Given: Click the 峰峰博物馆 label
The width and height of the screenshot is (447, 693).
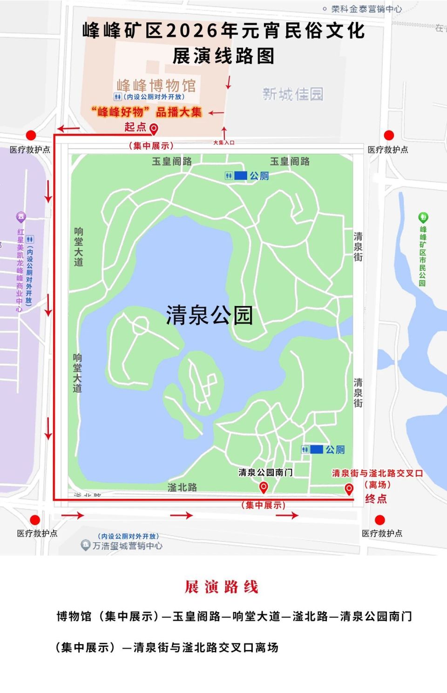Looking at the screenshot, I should pyautogui.click(x=156, y=86).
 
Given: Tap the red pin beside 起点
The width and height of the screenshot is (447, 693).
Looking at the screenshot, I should pyautogui.click(x=154, y=129).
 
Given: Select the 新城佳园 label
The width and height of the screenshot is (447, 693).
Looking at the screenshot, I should pyautogui.click(x=292, y=94).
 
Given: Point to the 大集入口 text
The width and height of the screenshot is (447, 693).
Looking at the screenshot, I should pyautogui.click(x=223, y=143).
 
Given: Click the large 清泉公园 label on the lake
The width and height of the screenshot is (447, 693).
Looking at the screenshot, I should pyautogui.click(x=209, y=315).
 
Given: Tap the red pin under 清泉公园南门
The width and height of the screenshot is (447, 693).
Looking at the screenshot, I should pyautogui.click(x=264, y=487).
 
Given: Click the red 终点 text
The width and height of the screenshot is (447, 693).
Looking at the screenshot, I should pyautogui.click(x=376, y=499).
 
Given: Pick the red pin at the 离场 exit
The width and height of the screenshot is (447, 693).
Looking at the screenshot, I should pyautogui.click(x=349, y=489).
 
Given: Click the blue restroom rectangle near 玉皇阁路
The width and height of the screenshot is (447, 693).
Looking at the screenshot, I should pyautogui.click(x=240, y=176).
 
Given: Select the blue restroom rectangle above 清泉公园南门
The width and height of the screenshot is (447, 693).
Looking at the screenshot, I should pyautogui.click(x=316, y=449).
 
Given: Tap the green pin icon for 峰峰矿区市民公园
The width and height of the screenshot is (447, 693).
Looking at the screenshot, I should pyautogui.click(x=423, y=217).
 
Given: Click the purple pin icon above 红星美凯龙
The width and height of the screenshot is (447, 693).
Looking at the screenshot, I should pyautogui.click(x=20, y=217).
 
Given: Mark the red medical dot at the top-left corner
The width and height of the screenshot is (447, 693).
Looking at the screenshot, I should pyautogui.click(x=31, y=135).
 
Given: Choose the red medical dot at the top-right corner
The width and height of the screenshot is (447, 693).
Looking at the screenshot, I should pyautogui.click(x=389, y=135).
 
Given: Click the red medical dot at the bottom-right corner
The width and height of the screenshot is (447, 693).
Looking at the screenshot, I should pyautogui.click(x=380, y=520).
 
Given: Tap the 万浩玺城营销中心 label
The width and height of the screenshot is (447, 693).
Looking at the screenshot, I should pyautogui.click(x=127, y=545).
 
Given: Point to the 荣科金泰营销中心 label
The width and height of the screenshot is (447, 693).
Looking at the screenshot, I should pyautogui.click(x=366, y=9).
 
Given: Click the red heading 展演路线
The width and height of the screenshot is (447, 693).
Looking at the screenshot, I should pyautogui.click(x=222, y=587).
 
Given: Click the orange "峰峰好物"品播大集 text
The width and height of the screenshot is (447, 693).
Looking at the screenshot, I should pyautogui.click(x=146, y=112).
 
